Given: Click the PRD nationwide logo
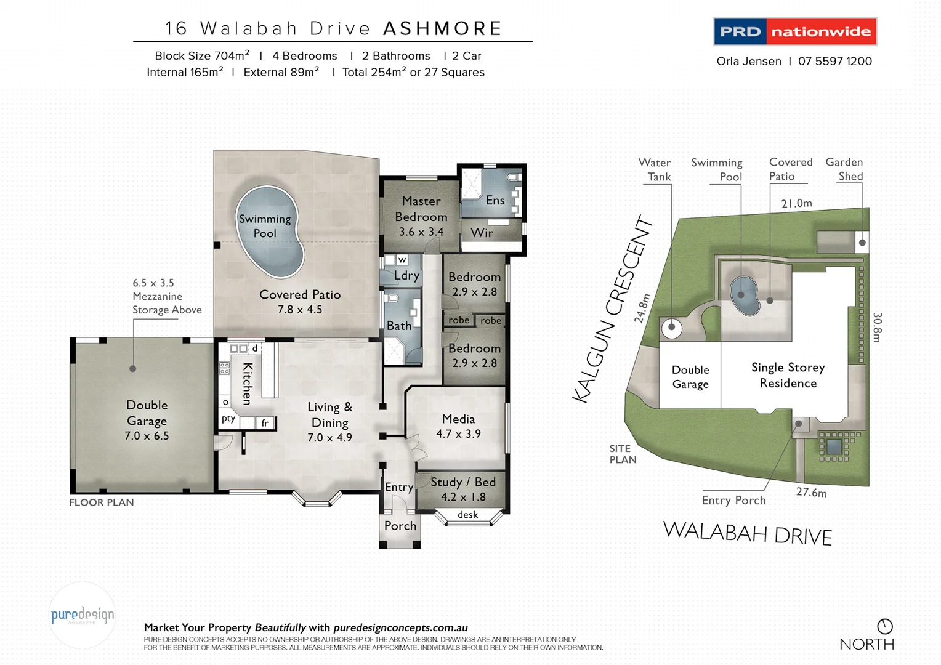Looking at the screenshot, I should coord(794,31).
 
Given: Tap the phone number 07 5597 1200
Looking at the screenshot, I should coord(834,61).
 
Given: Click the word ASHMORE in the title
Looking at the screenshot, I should coord(442,28).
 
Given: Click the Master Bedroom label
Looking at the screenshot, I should coord(421,209).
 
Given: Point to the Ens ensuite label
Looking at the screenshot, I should coord(495,200).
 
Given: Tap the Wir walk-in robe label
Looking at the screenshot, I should coord(482,233).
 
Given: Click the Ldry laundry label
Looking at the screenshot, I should coord(406,275).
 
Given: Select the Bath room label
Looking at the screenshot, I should coord(398,326).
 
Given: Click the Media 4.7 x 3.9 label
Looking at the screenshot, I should coord(458,426).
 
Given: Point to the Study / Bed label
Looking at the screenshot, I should coord(462,482).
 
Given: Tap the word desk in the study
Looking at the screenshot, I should coord(467,515).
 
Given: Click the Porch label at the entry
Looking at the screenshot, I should coord(400,526).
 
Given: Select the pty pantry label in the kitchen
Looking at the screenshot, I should coord(228,419).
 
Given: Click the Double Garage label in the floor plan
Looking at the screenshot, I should coord(147,413).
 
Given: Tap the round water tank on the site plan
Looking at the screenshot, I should coord(671,328).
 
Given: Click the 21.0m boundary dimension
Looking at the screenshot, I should coord(796,203).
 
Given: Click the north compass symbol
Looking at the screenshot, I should coord(884,626).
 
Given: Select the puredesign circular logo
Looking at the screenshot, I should coord(83,615).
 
